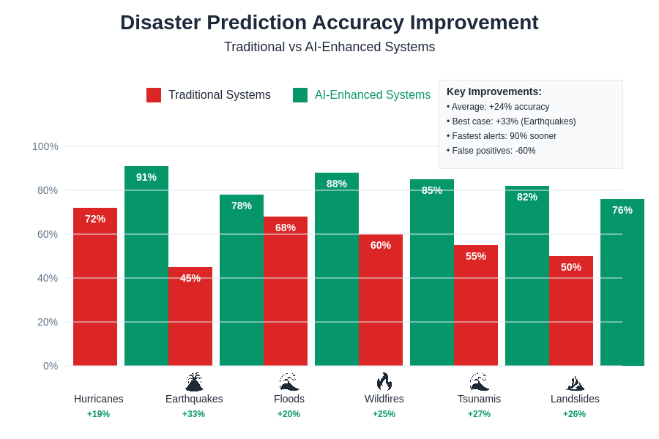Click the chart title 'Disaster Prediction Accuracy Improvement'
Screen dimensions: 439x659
(x=329, y=23)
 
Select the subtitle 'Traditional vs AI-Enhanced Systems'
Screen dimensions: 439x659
(x=329, y=47)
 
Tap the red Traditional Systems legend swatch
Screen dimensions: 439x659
(x=154, y=95)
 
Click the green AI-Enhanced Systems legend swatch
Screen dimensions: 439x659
(x=300, y=95)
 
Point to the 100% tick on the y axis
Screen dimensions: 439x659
(x=45, y=146)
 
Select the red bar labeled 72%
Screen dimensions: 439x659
(x=95, y=293)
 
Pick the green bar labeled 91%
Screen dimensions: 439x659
(x=146, y=271)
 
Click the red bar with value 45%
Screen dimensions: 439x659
(x=190, y=322)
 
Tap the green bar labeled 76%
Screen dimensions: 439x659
(x=622, y=285)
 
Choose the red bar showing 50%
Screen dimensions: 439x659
(x=571, y=315)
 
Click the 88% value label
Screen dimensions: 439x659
(x=337, y=184)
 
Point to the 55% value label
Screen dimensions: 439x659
(x=476, y=256)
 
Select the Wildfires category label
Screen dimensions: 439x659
(x=384, y=399)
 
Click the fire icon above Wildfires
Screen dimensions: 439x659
(x=384, y=381)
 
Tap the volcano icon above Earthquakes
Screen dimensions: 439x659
(x=194, y=381)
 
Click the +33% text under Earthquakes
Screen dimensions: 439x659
(x=194, y=414)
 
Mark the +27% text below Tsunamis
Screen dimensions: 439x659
(x=480, y=414)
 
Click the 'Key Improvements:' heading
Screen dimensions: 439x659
(x=494, y=91)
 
